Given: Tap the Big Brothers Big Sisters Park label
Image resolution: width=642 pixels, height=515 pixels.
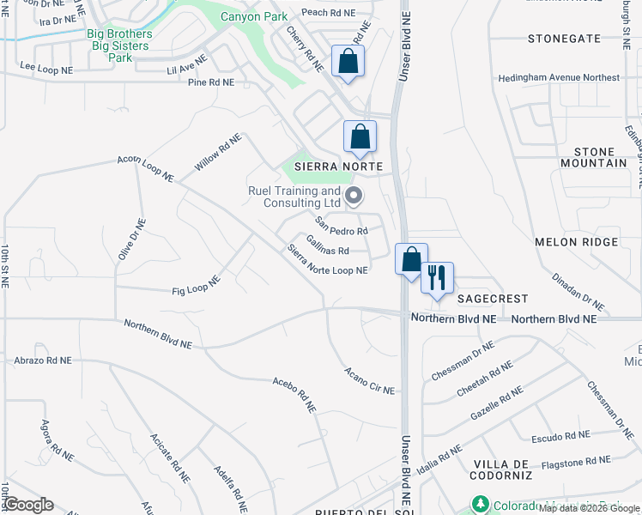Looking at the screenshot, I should [x=120, y=45].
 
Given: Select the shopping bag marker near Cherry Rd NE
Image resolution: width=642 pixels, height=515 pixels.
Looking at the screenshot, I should [x=348, y=62].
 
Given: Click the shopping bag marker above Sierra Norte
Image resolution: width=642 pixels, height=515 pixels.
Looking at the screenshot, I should [x=360, y=137].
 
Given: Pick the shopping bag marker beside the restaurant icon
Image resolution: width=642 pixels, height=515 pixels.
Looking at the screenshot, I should [x=411, y=260].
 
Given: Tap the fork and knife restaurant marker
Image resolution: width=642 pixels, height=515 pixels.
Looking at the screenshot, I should [x=437, y=278].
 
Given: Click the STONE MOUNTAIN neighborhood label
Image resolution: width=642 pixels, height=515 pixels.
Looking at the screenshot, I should [x=594, y=157].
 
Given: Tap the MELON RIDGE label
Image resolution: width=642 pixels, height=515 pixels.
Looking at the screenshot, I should [x=575, y=242].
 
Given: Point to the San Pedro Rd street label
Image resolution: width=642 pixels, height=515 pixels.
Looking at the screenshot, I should [x=341, y=227].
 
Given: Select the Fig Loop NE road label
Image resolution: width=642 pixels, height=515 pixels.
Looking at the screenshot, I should [x=196, y=285].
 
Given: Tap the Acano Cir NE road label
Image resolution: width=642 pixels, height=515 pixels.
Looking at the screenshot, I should [x=369, y=381].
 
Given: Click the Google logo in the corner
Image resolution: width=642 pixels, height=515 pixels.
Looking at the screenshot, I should [x=28, y=505].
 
